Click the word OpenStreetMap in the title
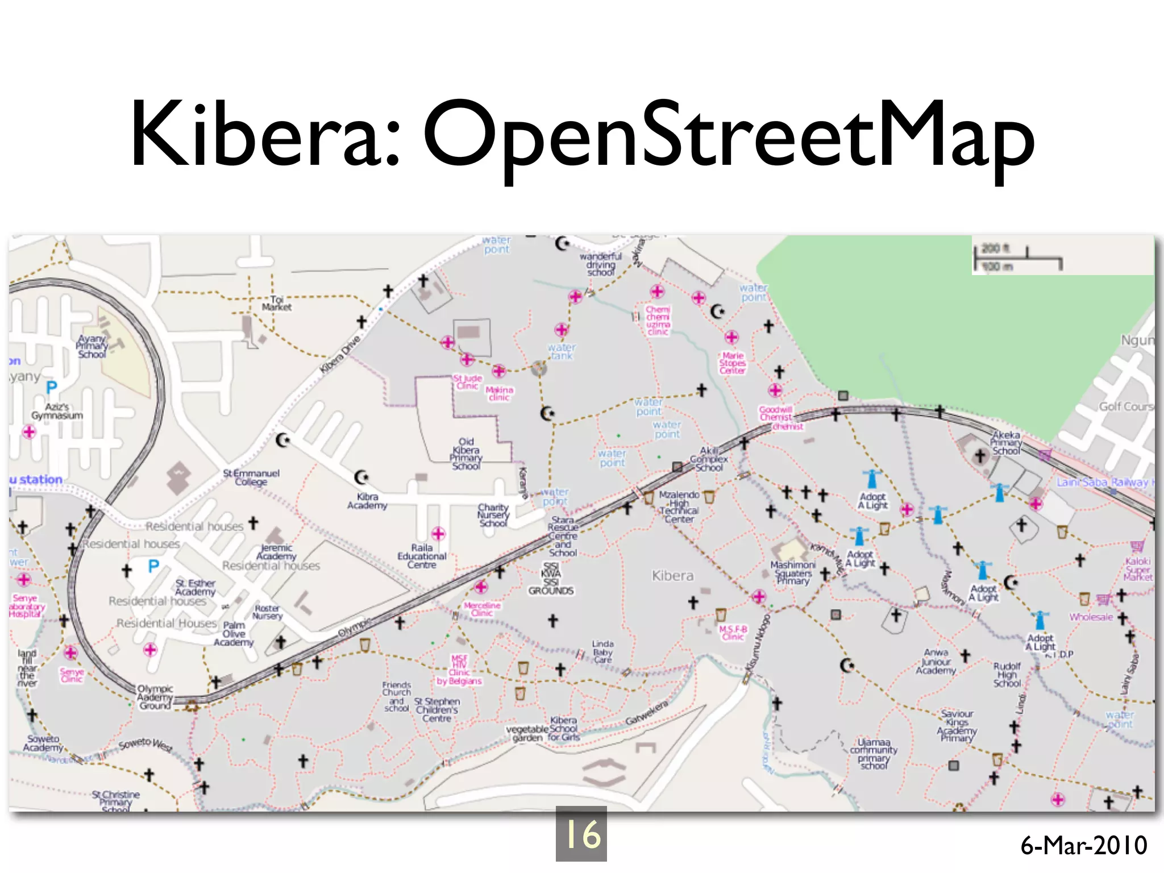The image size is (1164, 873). pos(728,136)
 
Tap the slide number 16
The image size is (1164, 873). pos(581,834)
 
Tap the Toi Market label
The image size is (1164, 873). pos(277,303)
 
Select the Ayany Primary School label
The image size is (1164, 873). pos(92,346)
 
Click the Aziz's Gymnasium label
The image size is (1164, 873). pos(57,411)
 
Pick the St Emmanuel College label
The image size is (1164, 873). pos(251,477)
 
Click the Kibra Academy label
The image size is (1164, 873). pos(367,501)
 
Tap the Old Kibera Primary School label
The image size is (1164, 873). pos(466,454)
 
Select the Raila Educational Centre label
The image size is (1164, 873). pos(422,556)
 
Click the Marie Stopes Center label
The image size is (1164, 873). pos(733,363)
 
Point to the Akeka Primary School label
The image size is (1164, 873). pos(1006,443)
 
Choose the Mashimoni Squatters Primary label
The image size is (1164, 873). pos(793,572)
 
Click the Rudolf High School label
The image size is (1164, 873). pos(1007,675)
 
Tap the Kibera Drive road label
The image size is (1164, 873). pos(340,354)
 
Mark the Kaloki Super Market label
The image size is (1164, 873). pos(1138,569)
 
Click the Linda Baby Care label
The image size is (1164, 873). pos(603,651)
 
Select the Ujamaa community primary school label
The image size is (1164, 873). pos(874,754)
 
